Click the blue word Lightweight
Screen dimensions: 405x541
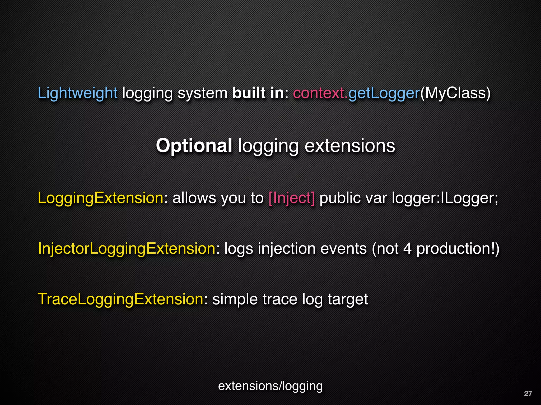pos(77,93)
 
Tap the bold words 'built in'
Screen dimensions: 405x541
pos(258,93)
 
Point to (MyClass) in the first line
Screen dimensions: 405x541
pos(455,93)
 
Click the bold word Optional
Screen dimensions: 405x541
pos(194,146)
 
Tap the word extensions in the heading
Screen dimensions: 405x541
pos(350,146)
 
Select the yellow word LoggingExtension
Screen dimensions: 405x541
pos(101,198)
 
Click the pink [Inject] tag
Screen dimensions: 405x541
pos(291,198)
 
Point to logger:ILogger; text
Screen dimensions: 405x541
pos(445,198)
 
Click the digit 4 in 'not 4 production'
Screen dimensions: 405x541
pos(407,249)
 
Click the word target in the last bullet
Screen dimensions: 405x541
pos(348,299)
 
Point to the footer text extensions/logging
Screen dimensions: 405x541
pos(270,386)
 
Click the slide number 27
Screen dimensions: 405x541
pos(528,394)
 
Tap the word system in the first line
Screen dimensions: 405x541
pos(202,93)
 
